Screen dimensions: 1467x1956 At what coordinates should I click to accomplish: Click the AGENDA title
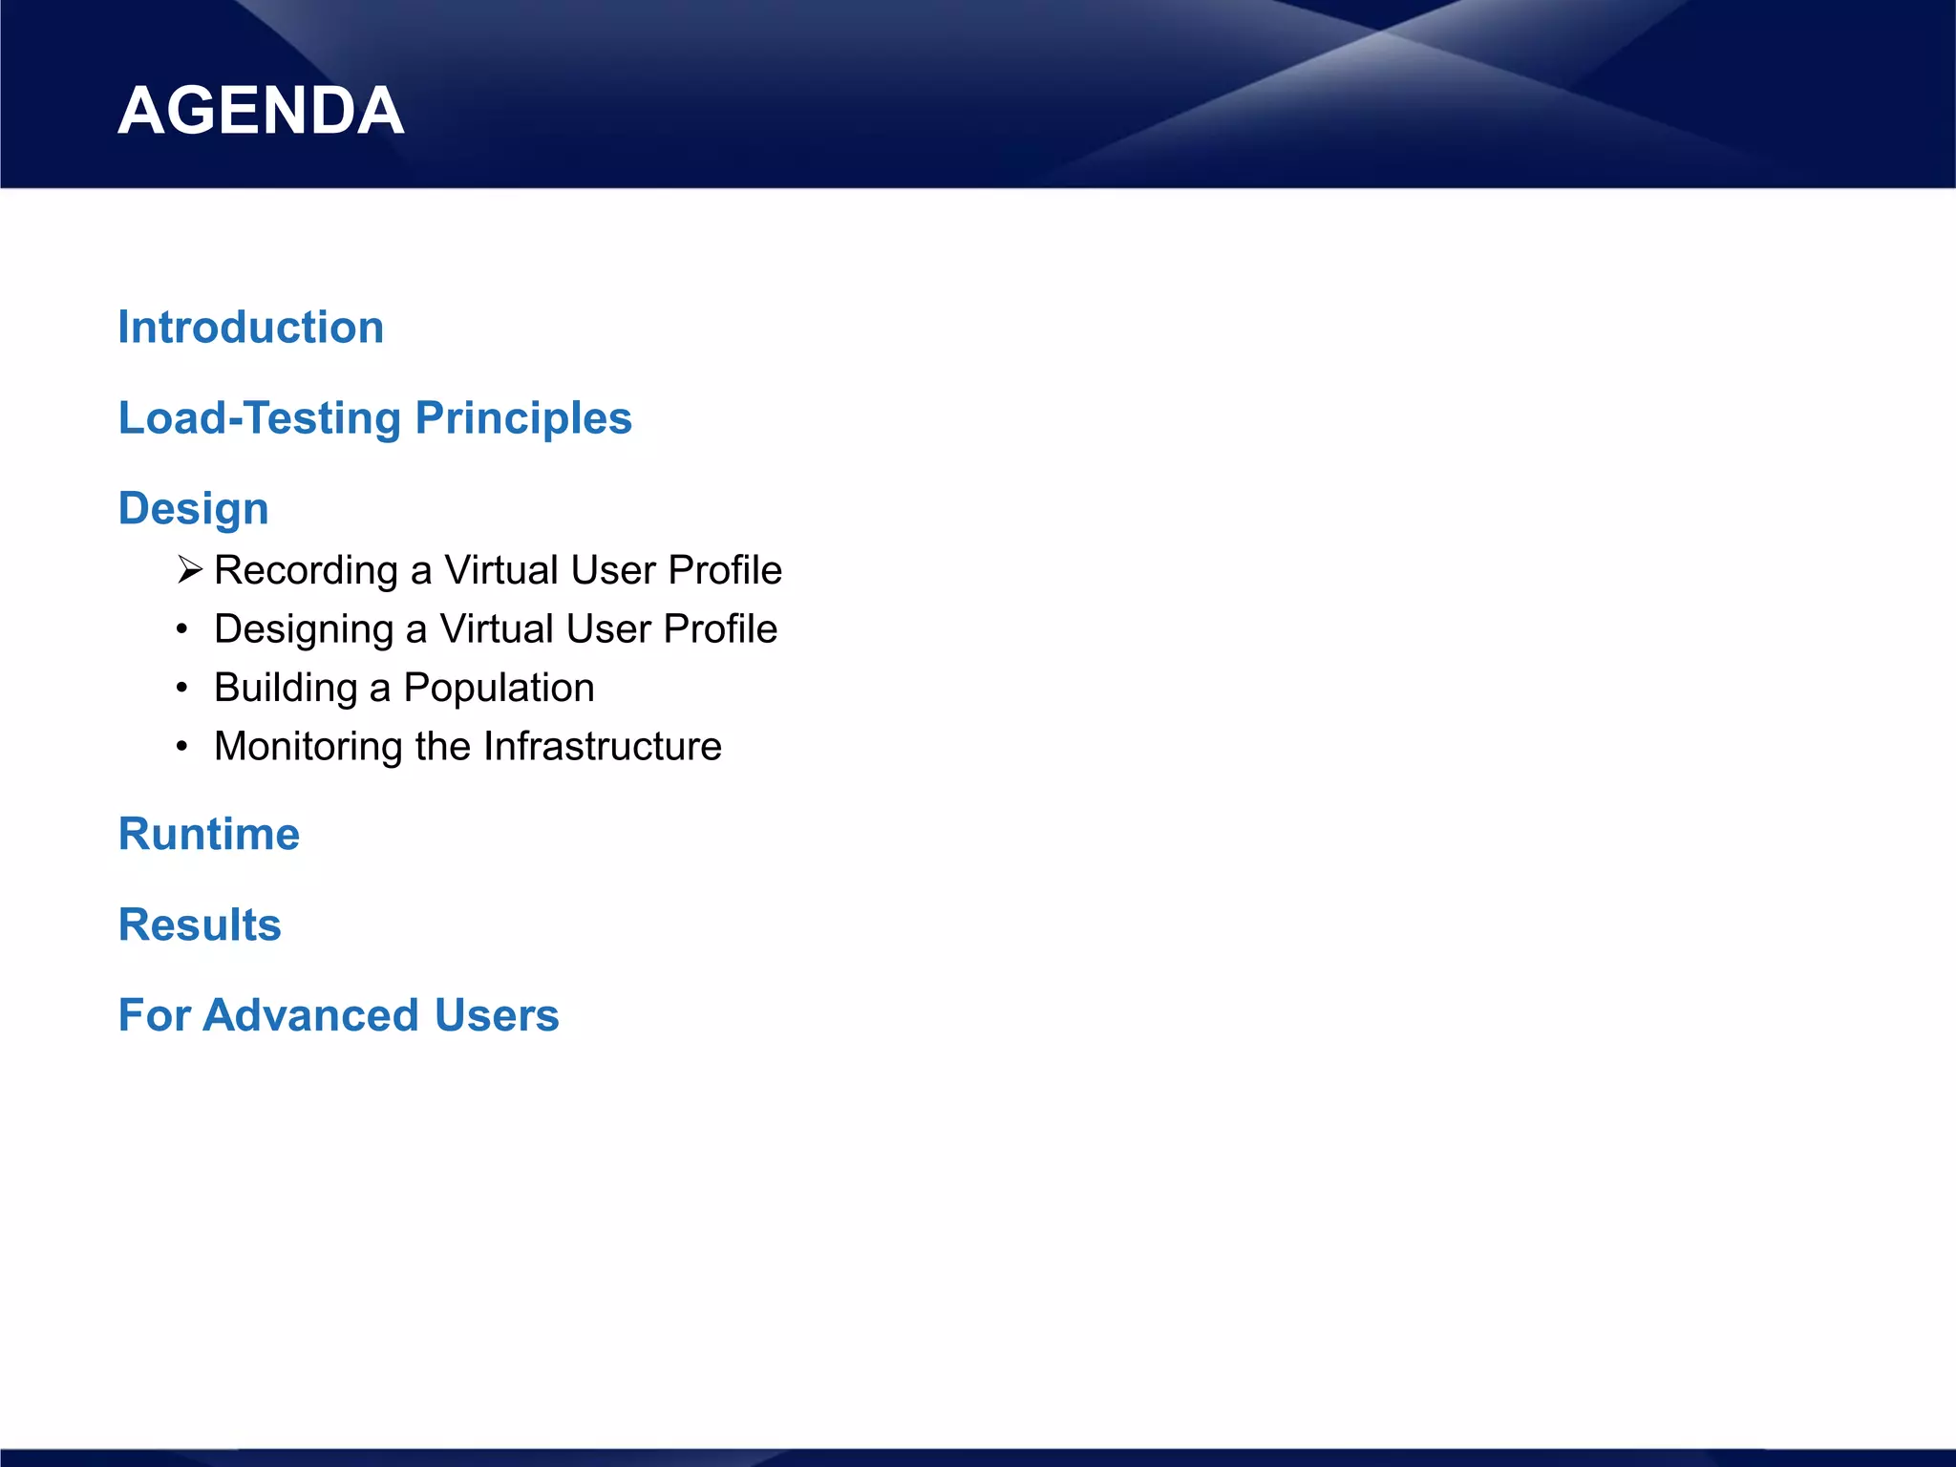[261, 111]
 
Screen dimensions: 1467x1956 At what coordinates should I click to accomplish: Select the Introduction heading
[250, 328]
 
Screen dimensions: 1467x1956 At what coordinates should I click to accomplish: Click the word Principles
[523, 418]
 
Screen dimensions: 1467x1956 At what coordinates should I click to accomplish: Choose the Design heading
[193, 508]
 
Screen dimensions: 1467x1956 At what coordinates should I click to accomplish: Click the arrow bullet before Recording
[189, 570]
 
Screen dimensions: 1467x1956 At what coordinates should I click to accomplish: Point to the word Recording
[306, 570]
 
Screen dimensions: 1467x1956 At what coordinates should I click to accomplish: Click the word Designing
[304, 629]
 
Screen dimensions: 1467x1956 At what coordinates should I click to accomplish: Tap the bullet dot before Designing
[181, 629]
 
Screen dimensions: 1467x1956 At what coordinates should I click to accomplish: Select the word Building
[286, 688]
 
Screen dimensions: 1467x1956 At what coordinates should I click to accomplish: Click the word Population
[499, 688]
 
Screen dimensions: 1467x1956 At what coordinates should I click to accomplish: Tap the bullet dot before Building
[181, 689]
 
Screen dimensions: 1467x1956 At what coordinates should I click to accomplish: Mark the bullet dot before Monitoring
[181, 747]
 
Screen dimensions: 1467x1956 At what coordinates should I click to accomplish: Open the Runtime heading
[208, 834]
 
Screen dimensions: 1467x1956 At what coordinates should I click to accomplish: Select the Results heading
[200, 925]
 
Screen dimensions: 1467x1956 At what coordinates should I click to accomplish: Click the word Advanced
[310, 1014]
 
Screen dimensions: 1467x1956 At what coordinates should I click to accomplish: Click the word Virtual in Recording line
[500, 570]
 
